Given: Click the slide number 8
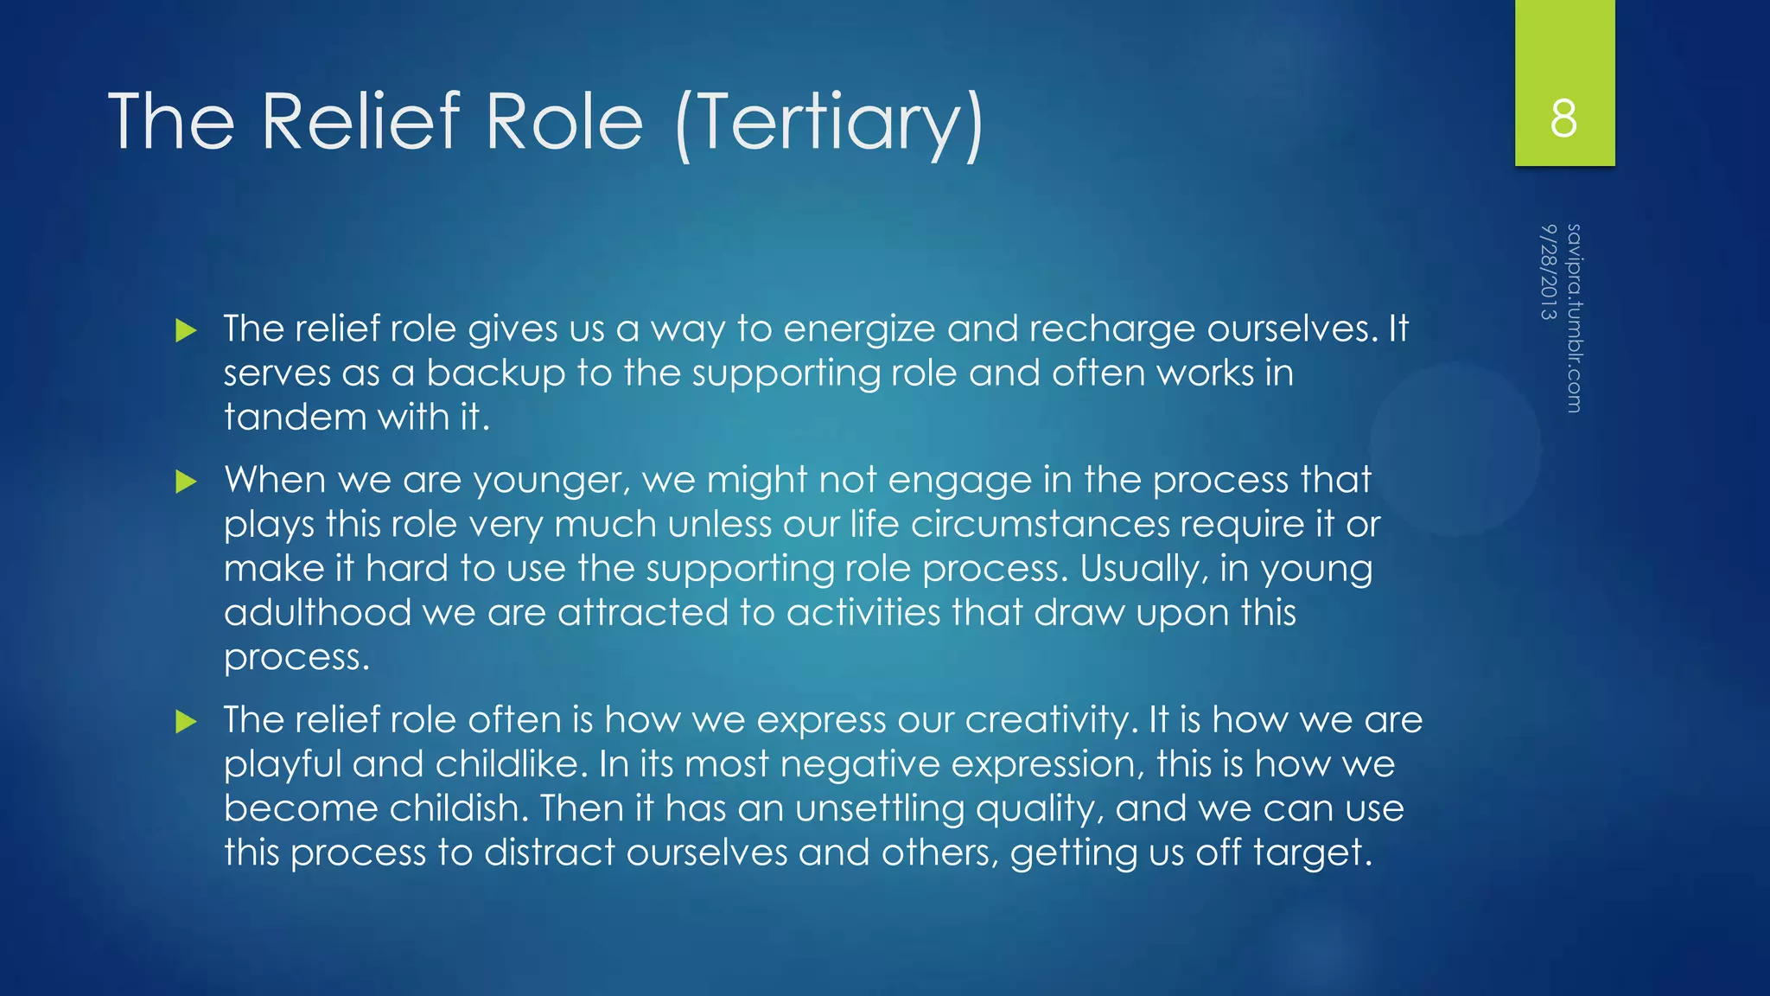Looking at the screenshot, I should coord(1563,118).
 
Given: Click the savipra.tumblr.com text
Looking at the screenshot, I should coord(1574,318).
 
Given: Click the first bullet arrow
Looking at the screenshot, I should coord(186,330).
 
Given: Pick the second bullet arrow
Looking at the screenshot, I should coord(186,482).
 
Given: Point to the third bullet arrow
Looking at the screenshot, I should coord(186,721).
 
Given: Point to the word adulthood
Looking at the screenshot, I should coord(317,613).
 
